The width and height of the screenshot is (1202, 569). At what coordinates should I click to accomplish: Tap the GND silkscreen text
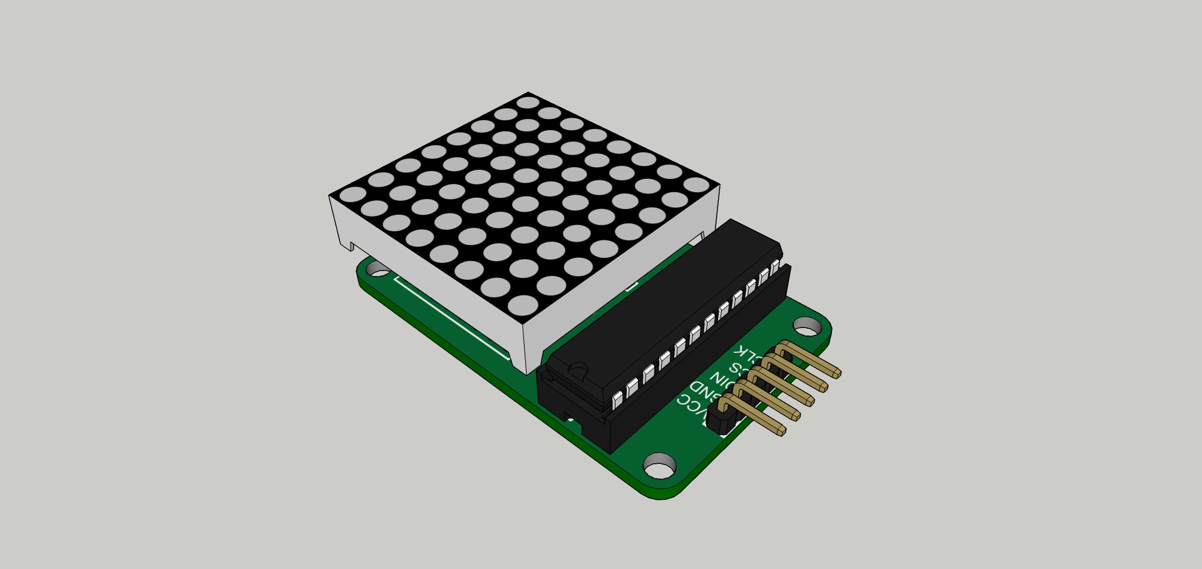(699, 392)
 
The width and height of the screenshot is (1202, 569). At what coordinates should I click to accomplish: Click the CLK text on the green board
(749, 352)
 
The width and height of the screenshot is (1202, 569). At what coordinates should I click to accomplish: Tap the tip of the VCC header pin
(782, 431)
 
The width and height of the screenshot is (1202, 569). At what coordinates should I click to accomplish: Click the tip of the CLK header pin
(837, 374)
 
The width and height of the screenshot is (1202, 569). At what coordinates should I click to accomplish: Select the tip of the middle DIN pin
(810, 402)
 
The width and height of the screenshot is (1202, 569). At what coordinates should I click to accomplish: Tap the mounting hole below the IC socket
(660, 466)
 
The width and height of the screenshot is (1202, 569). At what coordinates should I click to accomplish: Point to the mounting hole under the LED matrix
(378, 269)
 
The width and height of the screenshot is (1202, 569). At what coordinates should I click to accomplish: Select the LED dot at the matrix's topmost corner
(528, 102)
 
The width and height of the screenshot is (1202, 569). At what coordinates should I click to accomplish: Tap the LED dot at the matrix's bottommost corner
(523, 305)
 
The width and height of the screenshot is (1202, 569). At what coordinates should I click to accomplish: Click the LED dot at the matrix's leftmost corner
(352, 194)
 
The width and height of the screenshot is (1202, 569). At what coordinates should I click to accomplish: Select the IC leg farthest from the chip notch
(775, 268)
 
